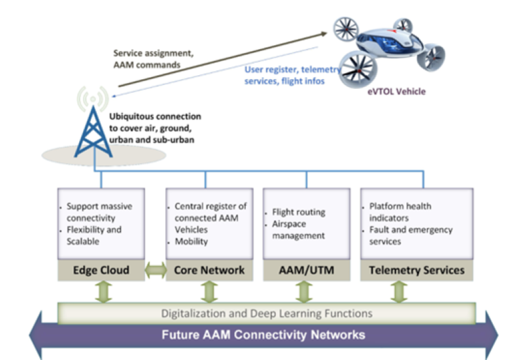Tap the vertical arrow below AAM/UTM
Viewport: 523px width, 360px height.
pos(303,291)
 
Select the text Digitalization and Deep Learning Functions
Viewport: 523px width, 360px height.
pos(266,314)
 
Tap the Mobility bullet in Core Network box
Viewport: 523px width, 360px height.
pos(191,241)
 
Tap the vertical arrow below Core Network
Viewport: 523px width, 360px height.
pos(208,291)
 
